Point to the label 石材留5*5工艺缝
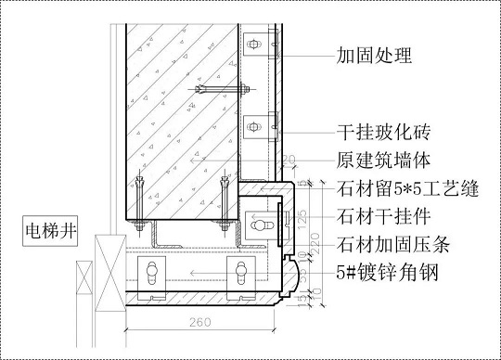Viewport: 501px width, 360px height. click(407, 191)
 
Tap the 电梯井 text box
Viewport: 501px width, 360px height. click(53, 226)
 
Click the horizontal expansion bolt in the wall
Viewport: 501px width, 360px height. click(222, 90)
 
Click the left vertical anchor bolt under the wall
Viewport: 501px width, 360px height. click(138, 200)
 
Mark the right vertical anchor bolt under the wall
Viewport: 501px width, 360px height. click(224, 200)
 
